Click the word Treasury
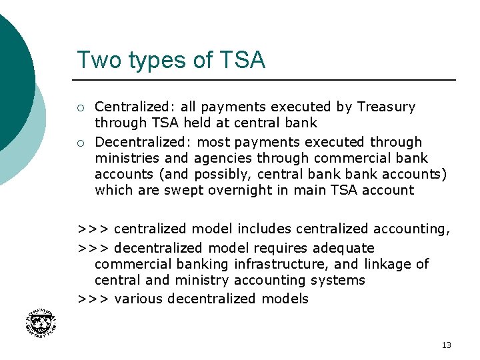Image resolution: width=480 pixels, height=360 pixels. pos(386,107)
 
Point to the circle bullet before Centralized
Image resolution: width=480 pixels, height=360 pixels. pos(80,107)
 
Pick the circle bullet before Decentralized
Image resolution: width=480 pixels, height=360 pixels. pos(80,143)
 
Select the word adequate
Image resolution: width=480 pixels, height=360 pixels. pos(341,248)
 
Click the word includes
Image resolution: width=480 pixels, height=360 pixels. pos(265,229)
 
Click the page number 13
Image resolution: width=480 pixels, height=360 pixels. pos(446,345)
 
